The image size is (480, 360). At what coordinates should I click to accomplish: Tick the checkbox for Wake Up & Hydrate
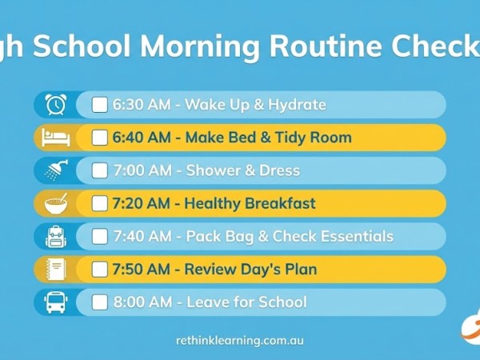[100, 105]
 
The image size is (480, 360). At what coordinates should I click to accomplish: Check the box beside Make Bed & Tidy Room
[100, 138]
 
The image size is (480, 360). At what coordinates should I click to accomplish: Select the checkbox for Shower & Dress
[100, 170]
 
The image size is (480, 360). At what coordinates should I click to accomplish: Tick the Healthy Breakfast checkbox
[100, 203]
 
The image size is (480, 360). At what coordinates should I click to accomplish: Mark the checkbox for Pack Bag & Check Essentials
[100, 236]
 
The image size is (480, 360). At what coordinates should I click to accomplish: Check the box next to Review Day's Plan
[100, 269]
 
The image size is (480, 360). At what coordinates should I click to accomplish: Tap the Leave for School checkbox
[100, 302]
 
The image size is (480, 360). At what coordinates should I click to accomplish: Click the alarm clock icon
[55, 105]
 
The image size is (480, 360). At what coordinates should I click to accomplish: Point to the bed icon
[55, 138]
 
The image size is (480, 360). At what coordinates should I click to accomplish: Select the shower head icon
[55, 170]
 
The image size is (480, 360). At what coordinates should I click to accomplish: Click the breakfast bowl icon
[55, 203]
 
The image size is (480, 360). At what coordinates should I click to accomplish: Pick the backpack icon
[55, 236]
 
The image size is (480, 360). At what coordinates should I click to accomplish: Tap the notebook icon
[55, 269]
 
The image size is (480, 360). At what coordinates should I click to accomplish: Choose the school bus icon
[55, 302]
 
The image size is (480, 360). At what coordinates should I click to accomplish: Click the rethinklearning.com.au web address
[240, 340]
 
